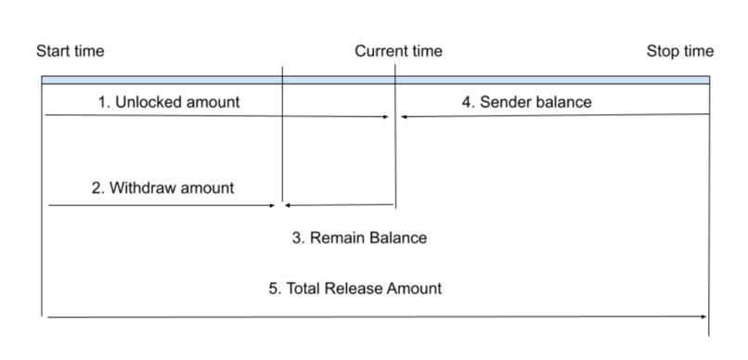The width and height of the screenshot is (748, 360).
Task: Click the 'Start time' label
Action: point(71,51)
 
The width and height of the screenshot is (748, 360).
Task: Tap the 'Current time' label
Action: point(398,51)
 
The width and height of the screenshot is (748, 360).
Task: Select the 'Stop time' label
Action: point(680,51)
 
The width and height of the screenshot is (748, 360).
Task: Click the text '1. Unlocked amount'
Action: point(168,102)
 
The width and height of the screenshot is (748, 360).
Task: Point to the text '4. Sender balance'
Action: point(526,102)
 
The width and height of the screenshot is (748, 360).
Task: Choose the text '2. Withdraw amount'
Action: point(162,187)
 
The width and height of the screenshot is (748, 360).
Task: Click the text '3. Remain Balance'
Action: point(359,238)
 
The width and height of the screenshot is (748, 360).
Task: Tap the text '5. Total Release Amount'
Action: point(355,288)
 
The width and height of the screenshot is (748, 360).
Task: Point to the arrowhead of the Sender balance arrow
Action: point(405,117)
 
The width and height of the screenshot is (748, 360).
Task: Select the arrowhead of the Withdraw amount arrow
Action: point(274,205)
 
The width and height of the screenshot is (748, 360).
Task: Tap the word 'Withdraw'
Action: point(139,187)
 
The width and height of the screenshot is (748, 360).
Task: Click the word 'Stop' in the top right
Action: point(663,51)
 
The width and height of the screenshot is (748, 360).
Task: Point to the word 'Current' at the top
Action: point(381,51)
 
